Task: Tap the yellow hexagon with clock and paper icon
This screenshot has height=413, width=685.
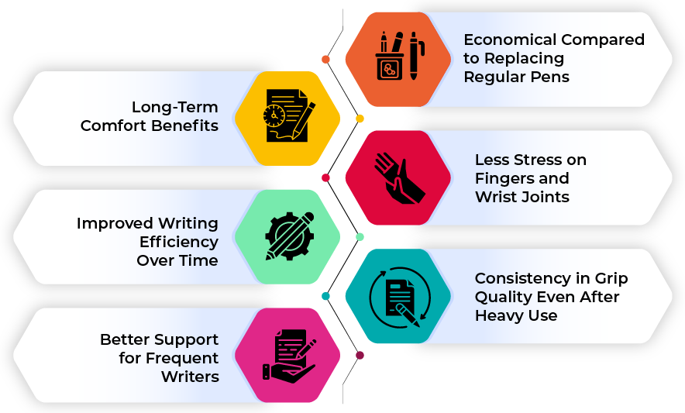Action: pyautogui.click(x=287, y=118)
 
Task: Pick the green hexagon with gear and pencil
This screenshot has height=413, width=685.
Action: pyautogui.click(x=287, y=236)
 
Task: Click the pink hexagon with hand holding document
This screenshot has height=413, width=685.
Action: pyautogui.click(x=287, y=355)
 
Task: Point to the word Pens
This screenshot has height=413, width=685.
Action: pyautogui.click(x=549, y=77)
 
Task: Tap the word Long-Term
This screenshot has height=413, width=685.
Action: pyautogui.click(x=174, y=107)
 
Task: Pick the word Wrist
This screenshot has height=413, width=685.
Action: pyautogui.click(x=494, y=197)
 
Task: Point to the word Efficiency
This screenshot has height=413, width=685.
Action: pyautogui.click(x=179, y=242)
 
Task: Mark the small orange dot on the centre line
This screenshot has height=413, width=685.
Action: pyautogui.click(x=325, y=60)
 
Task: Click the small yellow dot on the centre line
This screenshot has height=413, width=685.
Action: pyautogui.click(x=360, y=119)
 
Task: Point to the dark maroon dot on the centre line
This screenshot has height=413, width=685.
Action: pyautogui.click(x=360, y=356)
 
